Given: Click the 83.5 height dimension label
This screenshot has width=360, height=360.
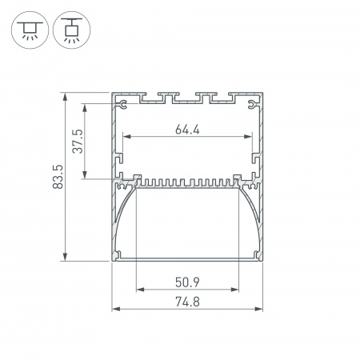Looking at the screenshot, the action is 58,177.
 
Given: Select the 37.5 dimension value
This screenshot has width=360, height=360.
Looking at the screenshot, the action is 78,141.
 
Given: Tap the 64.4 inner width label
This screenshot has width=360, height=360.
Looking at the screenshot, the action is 187,130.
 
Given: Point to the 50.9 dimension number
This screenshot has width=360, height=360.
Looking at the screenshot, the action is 187,282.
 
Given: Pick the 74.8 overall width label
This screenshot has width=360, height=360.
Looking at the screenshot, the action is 187,302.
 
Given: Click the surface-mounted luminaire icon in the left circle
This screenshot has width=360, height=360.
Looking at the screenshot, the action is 30,30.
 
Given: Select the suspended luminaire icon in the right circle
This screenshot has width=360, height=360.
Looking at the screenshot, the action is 72,30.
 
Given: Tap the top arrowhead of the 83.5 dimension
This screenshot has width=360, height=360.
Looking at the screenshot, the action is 65,98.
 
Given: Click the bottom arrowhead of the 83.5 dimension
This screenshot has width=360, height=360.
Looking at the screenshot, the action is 65,256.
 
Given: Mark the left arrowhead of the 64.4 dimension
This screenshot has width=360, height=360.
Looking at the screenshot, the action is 127,137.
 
